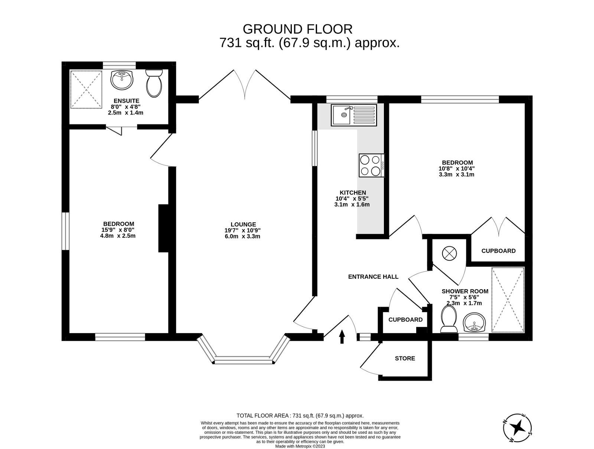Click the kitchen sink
[354, 115]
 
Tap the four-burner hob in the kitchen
[371, 165]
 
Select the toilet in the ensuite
[154, 83]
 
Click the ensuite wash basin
[121, 80]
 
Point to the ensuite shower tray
[86, 90]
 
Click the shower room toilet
[448, 320]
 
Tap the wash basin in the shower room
[474, 322]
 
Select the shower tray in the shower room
[508, 300]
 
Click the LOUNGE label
[243, 224]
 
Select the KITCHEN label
[352, 193]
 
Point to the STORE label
[405, 358]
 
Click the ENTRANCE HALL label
[373, 277]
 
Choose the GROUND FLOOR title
[297, 29]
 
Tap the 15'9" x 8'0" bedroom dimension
[118, 230]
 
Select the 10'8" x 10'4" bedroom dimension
[457, 168]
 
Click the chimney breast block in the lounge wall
[163, 228]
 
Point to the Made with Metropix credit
[300, 446]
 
